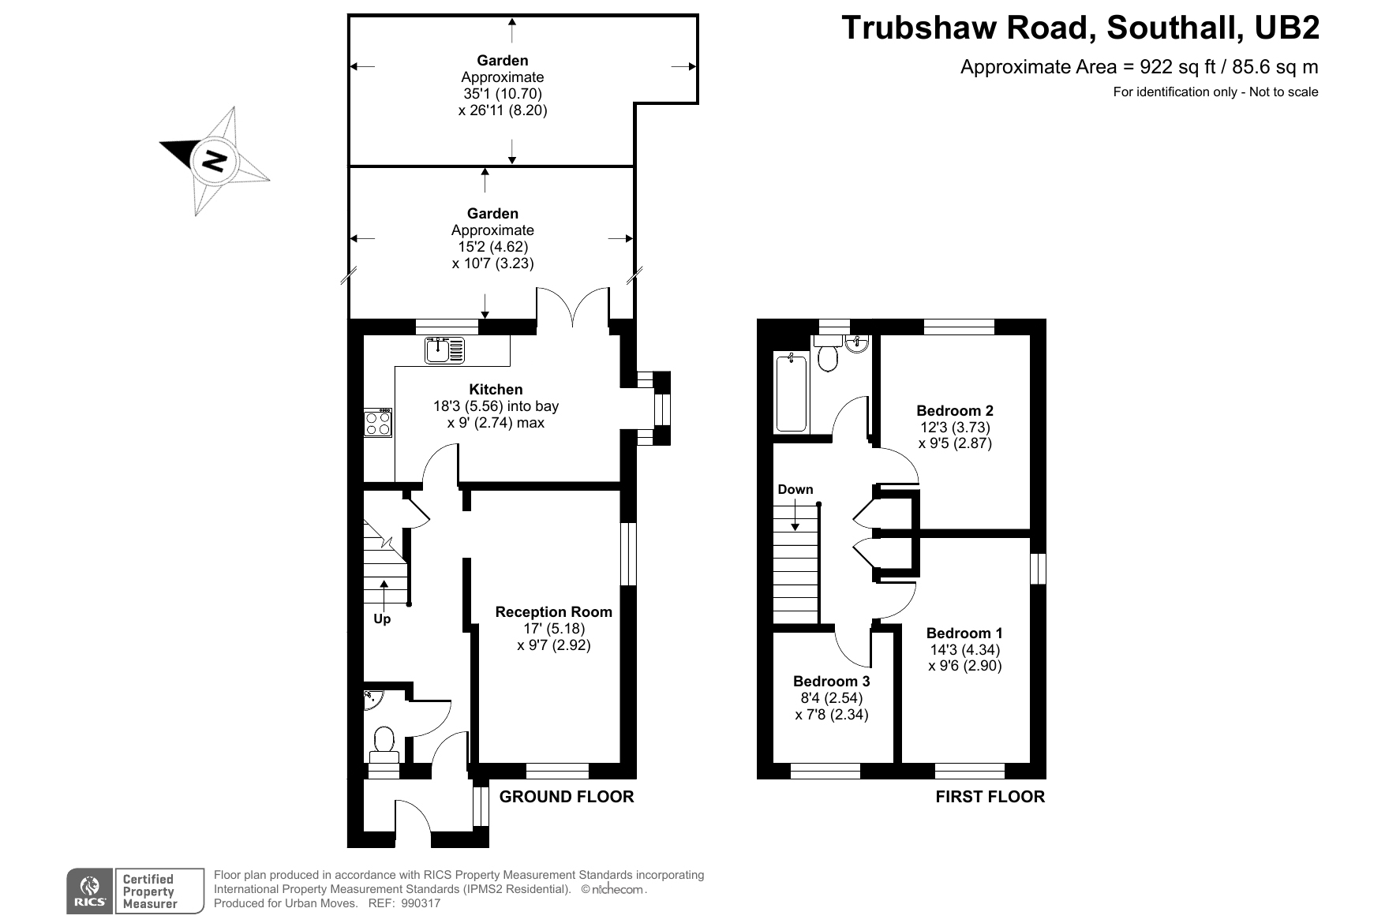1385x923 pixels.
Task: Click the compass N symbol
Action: [x=214, y=161]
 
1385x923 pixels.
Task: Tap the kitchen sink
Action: [x=445, y=349]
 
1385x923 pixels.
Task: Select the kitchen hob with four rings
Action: [x=378, y=423]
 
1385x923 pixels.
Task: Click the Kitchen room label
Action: [x=496, y=389]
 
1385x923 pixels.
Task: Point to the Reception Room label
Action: [x=553, y=611]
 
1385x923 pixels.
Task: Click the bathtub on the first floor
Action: [x=792, y=393]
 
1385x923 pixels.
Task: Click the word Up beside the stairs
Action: [x=382, y=619]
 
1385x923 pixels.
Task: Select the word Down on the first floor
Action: [x=795, y=489]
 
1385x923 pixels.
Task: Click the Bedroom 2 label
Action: [x=955, y=410]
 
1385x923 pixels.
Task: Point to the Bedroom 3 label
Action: [x=832, y=681]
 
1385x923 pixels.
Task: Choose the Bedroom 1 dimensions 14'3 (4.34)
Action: [x=964, y=650]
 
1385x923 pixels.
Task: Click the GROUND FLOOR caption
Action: [x=567, y=797]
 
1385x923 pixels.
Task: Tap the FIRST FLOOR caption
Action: [x=990, y=797]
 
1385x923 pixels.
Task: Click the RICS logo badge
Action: [x=90, y=891]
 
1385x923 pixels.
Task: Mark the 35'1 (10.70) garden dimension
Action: [x=503, y=94]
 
